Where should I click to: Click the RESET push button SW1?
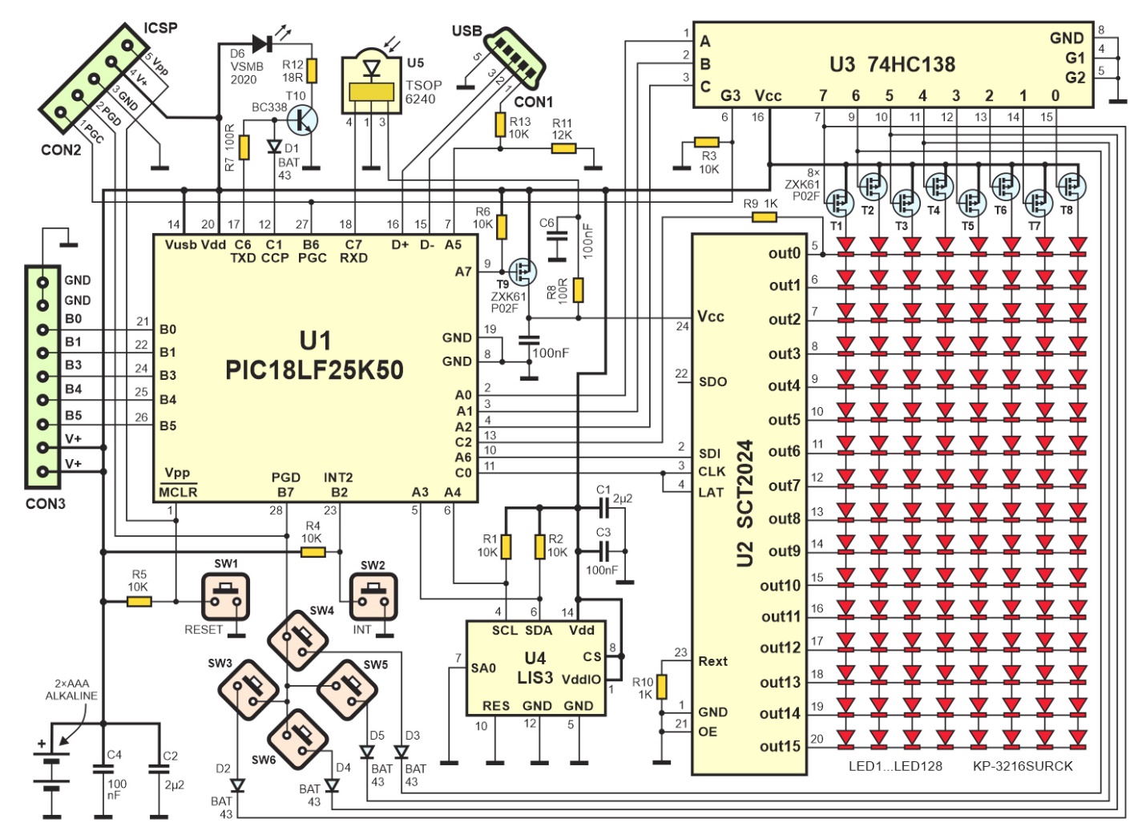[225, 597]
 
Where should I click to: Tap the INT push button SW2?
[373, 597]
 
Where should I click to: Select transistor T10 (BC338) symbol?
[302, 121]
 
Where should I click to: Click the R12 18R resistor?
[312, 71]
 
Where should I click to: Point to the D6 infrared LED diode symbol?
[262, 44]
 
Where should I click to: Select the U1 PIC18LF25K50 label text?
[314, 355]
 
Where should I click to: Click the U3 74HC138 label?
[892, 64]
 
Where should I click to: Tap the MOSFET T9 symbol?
[523, 272]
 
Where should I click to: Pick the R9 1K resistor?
[765, 217]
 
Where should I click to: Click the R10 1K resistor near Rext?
[662, 687]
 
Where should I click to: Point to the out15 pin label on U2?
[781, 746]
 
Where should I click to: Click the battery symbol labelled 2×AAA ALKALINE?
[51, 772]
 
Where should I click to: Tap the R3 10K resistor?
[707, 142]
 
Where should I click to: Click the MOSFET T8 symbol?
[1072, 187]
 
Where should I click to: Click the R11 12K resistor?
[563, 149]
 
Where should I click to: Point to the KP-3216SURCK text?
[1023, 766]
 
